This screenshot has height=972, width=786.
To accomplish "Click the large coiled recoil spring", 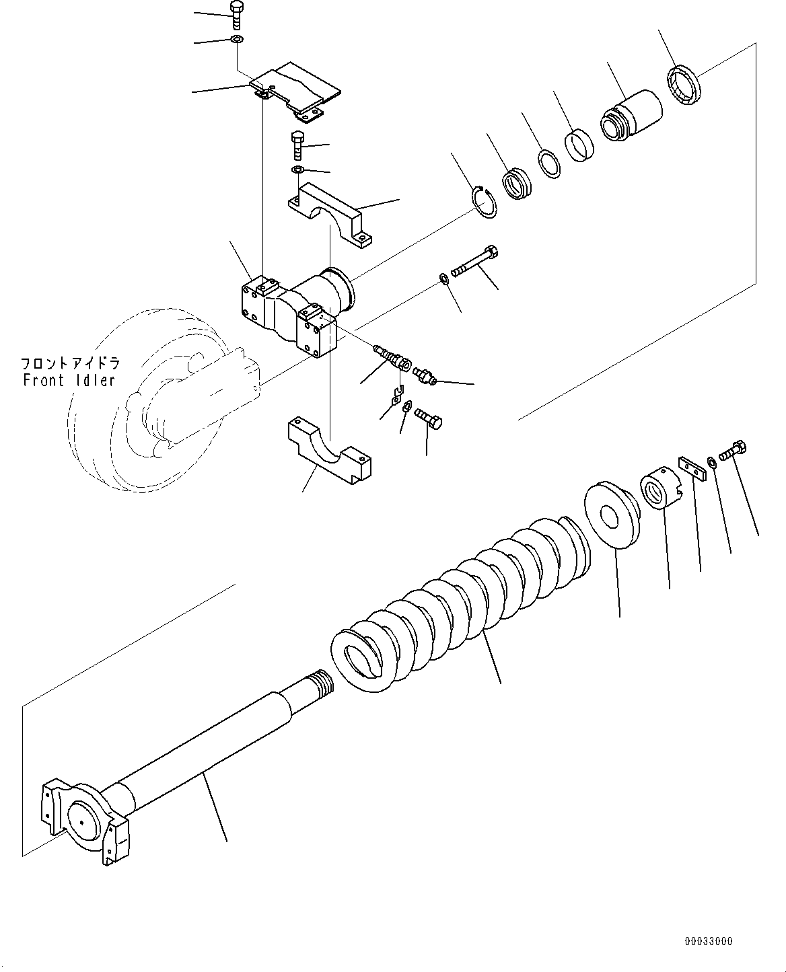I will coord(464,592).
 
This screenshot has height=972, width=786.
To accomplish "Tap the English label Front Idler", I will coord(69,380).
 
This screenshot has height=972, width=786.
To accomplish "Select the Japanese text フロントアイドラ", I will coord(70,364).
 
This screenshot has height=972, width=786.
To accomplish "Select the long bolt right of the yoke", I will coord(475,263).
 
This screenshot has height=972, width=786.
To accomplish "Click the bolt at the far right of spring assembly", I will coord(734,450).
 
